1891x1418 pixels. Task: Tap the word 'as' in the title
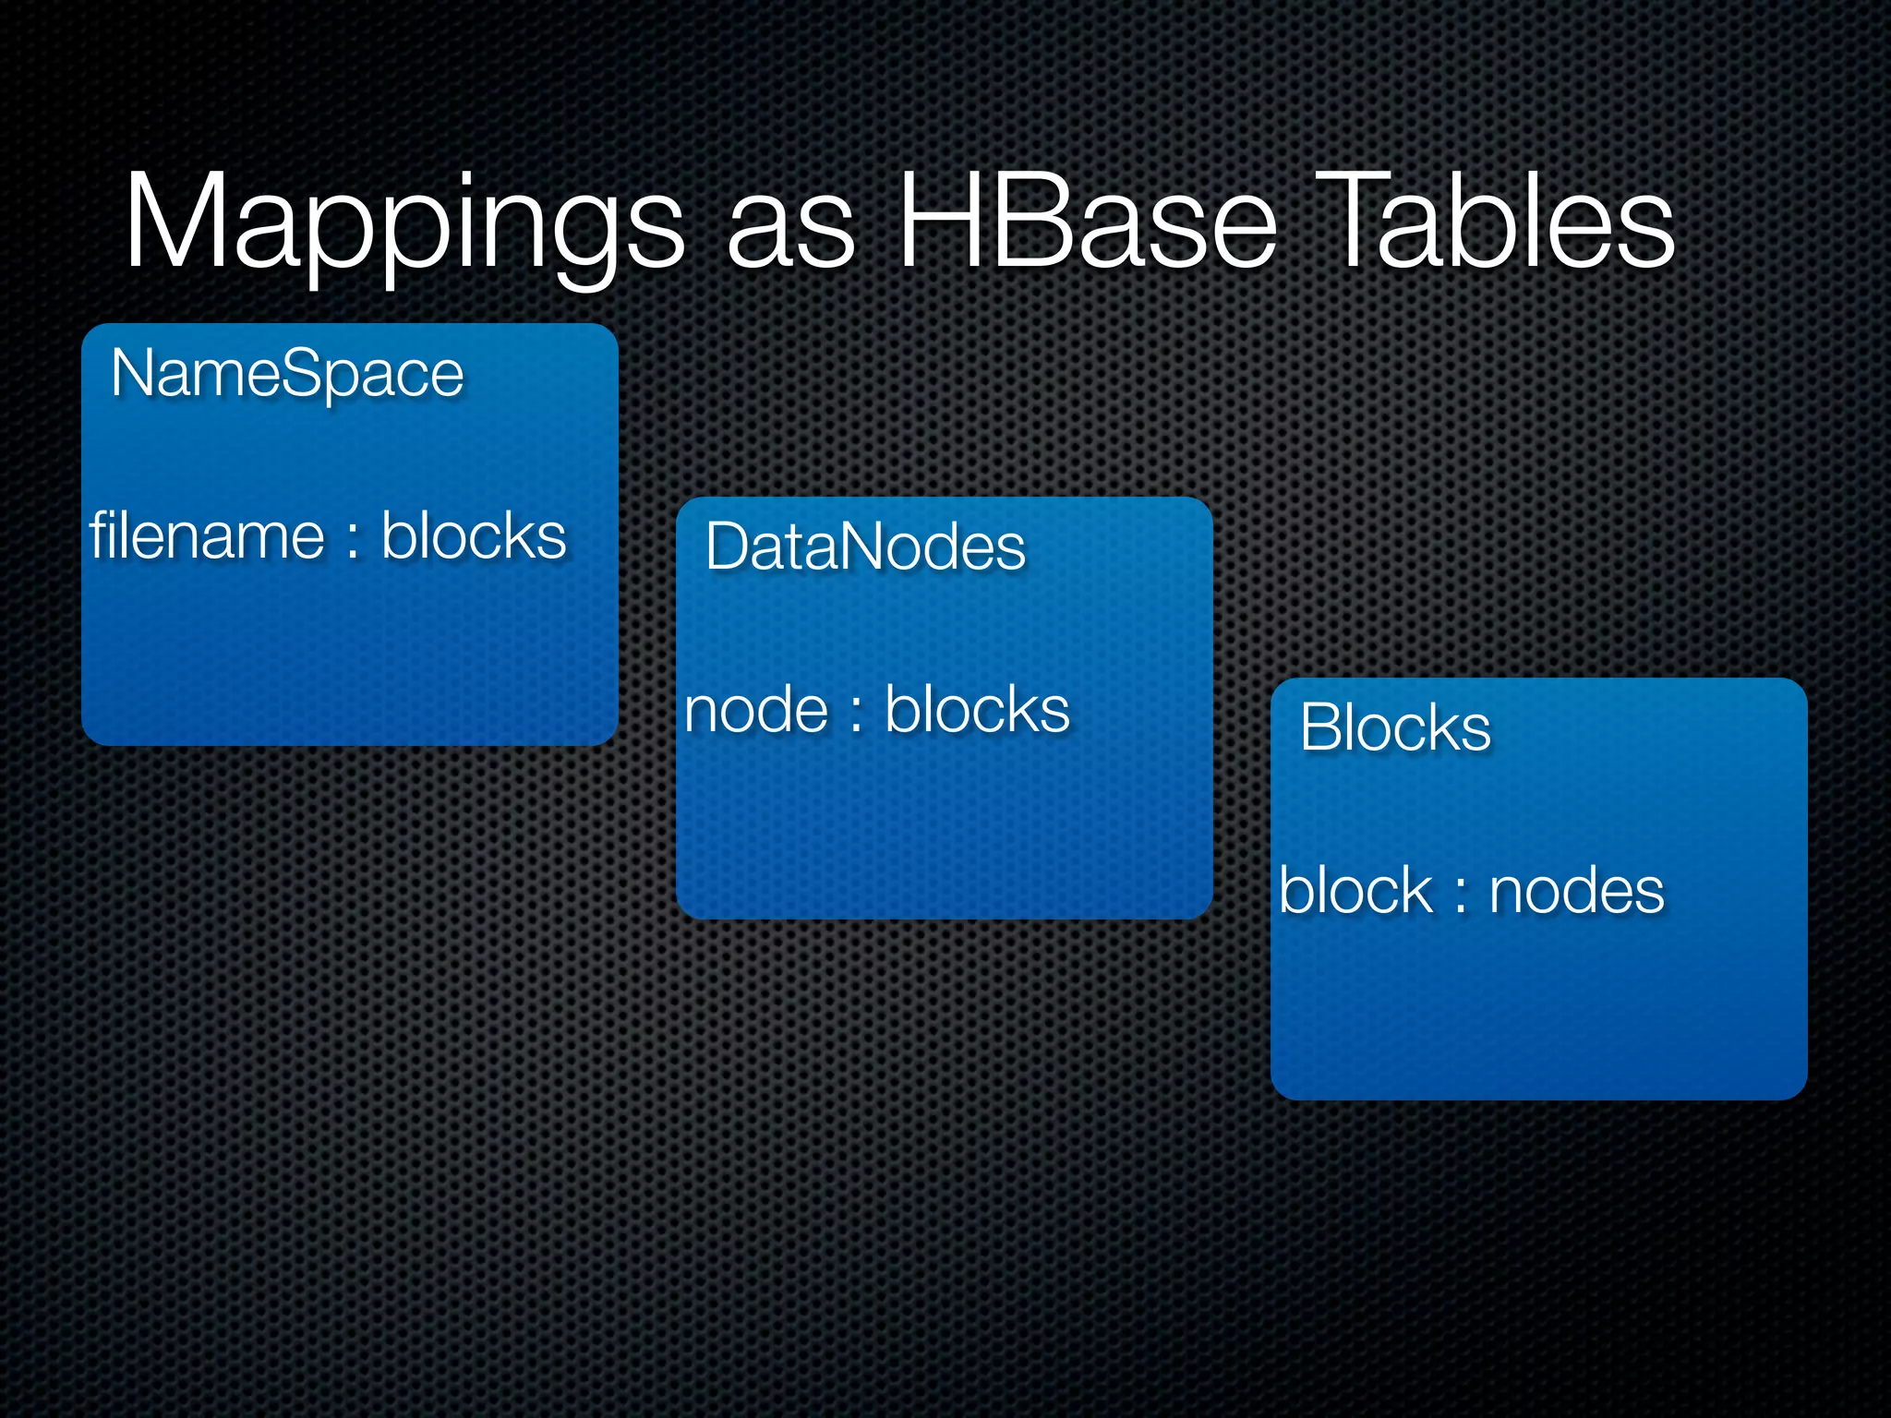pyautogui.click(x=790, y=231)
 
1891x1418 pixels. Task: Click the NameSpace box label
pyautogui.click(x=287, y=374)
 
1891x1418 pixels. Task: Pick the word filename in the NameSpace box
pyautogui.click(x=207, y=536)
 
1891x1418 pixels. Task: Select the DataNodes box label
pyautogui.click(x=865, y=547)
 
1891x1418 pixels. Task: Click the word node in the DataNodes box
pyautogui.click(x=756, y=711)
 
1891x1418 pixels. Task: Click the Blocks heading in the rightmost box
pyautogui.click(x=1395, y=727)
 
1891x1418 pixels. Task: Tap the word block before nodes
pyautogui.click(x=1355, y=891)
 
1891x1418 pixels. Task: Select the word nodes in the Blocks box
pyautogui.click(x=1576, y=892)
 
